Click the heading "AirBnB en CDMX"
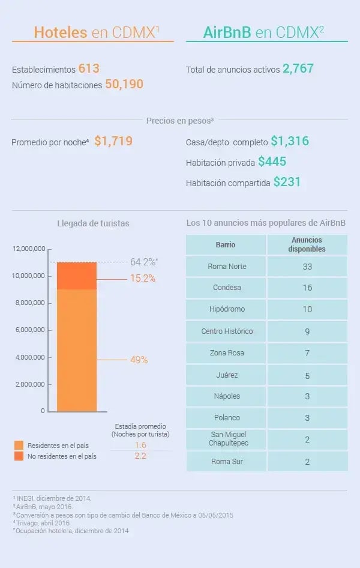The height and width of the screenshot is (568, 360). pos(266,32)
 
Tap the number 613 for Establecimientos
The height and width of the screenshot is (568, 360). pos(89,68)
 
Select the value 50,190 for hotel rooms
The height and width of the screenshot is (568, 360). pos(124,84)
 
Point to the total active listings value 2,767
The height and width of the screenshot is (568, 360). pos(298,68)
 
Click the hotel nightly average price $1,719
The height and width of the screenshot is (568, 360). pos(113,142)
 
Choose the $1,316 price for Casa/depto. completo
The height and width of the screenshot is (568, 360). pos(290,142)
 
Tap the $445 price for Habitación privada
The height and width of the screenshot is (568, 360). pos(272,162)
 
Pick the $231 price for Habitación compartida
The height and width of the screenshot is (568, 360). pos(287,182)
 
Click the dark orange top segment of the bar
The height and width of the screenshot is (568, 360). pos(77,276)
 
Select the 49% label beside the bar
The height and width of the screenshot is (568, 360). pos(139,360)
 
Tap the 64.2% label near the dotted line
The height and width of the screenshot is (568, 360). pos(143,262)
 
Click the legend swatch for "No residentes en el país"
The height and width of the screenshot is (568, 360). pos(19,456)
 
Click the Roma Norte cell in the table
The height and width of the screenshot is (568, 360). pos(226,267)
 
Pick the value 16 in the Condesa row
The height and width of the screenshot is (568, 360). pos(307,288)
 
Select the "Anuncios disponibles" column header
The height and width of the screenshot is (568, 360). pos(307,244)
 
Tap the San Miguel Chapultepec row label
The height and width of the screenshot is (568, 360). pos(226,439)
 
